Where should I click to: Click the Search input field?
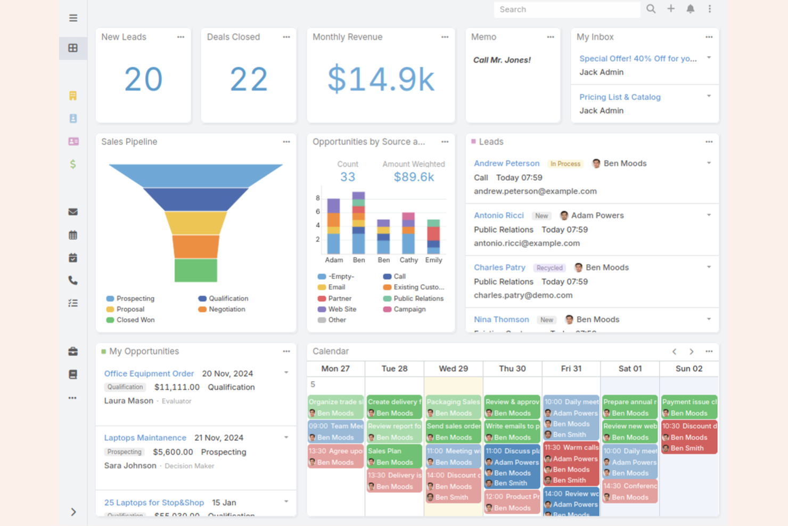566,10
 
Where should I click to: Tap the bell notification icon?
690,9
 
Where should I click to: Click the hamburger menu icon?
73,18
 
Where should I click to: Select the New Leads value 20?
143,79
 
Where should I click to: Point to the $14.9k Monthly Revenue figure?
381,79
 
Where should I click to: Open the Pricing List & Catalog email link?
620,97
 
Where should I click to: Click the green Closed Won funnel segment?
196,270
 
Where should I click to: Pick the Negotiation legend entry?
226,309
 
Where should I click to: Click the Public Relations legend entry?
418,298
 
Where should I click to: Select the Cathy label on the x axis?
408,260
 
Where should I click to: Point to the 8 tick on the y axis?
318,198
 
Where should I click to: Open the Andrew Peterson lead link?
506,164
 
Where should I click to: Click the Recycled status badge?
549,268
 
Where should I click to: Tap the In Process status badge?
565,164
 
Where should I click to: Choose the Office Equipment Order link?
149,374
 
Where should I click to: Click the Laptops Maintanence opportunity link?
145,438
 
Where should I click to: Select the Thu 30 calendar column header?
512,369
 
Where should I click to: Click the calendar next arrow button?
691,352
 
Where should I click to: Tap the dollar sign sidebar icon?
73,164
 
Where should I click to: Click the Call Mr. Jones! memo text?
502,60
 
